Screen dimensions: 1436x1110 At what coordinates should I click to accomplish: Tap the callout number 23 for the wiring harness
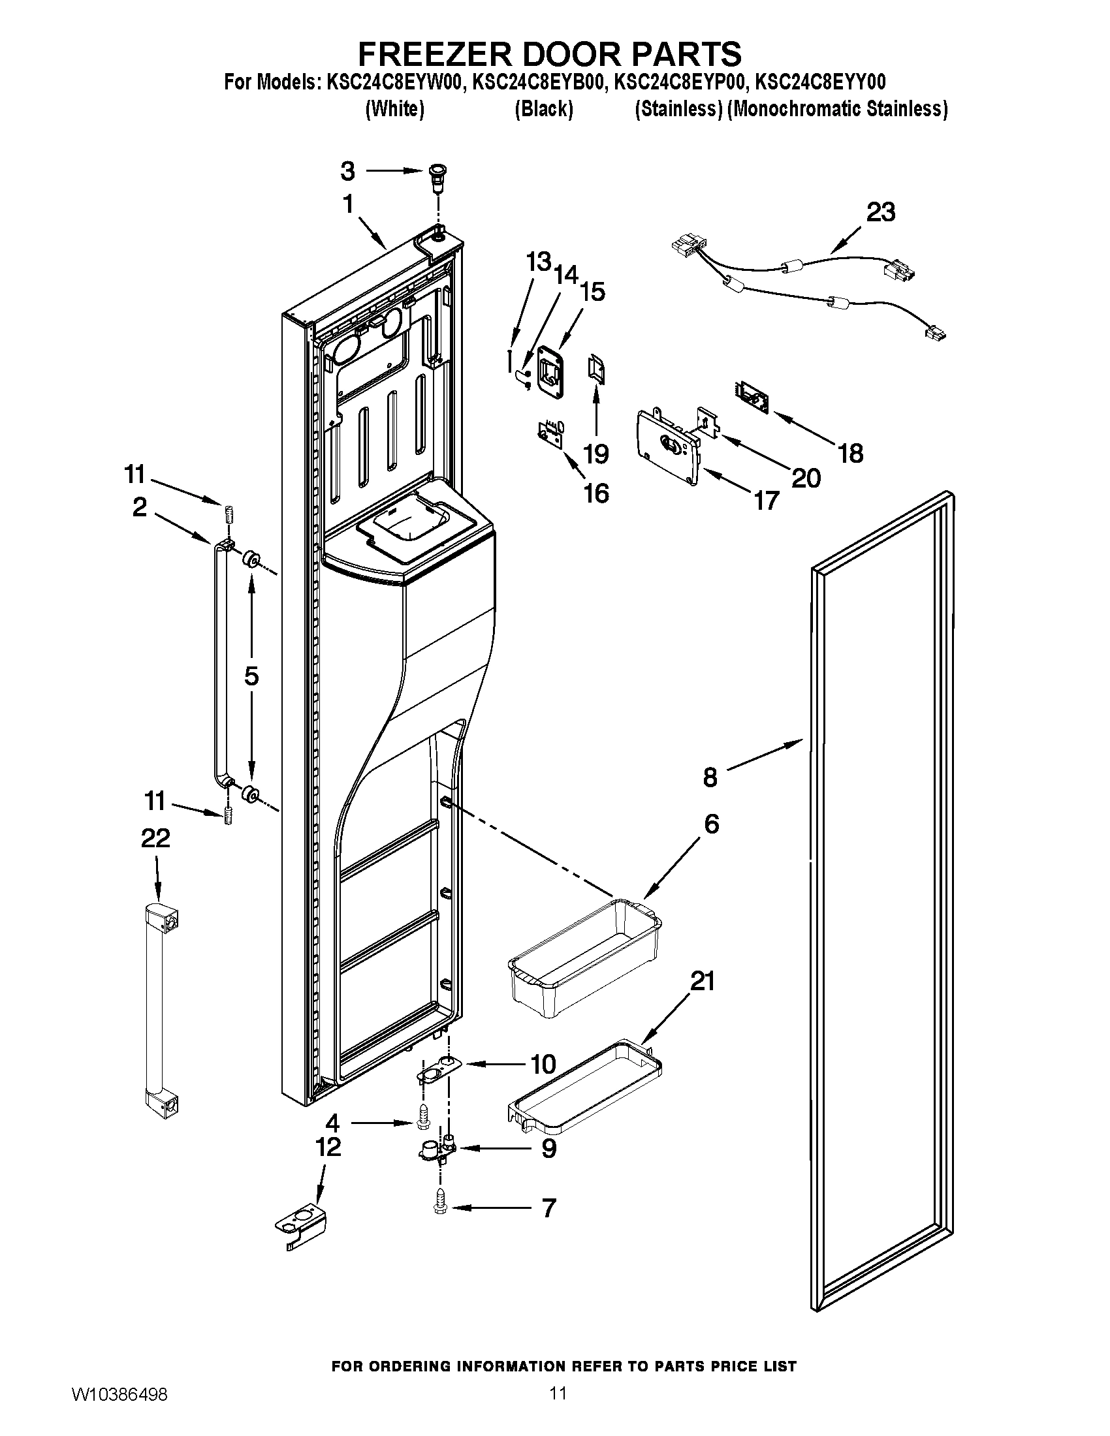[x=881, y=212]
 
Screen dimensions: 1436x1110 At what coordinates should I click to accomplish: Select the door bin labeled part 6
[x=584, y=958]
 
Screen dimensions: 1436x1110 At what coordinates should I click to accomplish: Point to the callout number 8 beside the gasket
[x=710, y=777]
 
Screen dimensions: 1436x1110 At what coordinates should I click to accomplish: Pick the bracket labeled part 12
[x=300, y=1225]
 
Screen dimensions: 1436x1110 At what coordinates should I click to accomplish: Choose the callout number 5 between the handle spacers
[x=251, y=677]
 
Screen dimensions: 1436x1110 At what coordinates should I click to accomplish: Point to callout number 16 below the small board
[x=596, y=492]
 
